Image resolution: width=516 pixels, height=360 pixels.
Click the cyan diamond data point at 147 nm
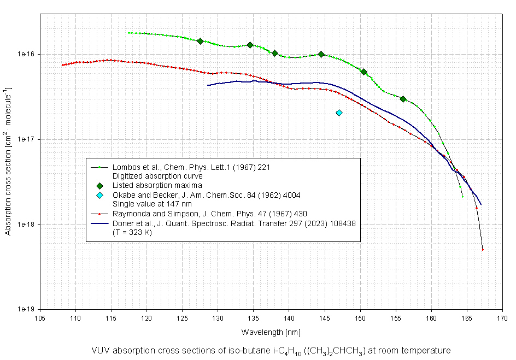pyautogui.click(x=339, y=113)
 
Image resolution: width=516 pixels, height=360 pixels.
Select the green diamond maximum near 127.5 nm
pyautogui.click(x=200, y=41)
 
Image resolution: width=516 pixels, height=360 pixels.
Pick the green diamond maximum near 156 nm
pyautogui.click(x=403, y=99)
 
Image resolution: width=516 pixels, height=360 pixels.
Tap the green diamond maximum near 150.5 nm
pyautogui.click(x=363, y=72)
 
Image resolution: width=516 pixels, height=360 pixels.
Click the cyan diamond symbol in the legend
pyautogui.click(x=99, y=195)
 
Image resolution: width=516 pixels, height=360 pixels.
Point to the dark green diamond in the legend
pyautogui.click(x=99, y=186)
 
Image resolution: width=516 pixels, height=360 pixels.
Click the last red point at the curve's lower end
pyautogui.click(x=483, y=250)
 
